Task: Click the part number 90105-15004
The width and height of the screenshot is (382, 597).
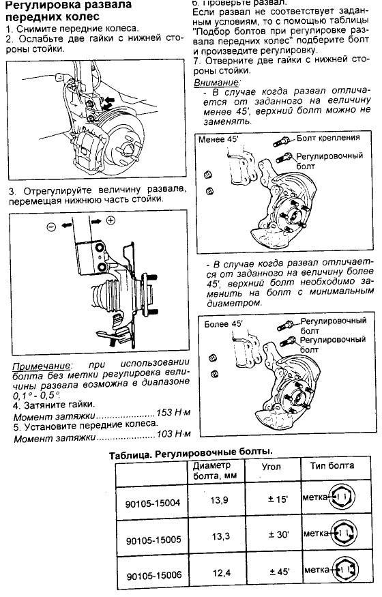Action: tap(153, 503)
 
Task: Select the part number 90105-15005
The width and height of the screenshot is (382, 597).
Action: tap(153, 540)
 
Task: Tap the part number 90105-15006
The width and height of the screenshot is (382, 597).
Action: tap(153, 575)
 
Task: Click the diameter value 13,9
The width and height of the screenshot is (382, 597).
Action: tap(220, 500)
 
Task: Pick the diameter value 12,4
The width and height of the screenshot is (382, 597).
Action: tap(222, 572)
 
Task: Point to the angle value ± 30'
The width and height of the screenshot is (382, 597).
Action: tap(278, 534)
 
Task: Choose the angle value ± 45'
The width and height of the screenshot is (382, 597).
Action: tap(280, 572)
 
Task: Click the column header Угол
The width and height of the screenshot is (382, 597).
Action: tap(271, 467)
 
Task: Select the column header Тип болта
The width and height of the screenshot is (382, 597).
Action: tap(332, 465)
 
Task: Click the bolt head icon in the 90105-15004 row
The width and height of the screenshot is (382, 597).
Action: tap(342, 497)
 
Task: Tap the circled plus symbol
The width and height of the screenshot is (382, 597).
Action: tap(111, 220)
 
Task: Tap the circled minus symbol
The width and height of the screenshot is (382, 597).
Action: tap(51, 227)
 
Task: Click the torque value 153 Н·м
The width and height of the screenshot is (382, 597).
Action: tap(173, 412)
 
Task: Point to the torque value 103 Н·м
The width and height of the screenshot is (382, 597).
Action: tap(173, 433)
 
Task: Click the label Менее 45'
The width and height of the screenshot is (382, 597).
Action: tap(218, 139)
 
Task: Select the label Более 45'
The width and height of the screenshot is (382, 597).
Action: tap(223, 324)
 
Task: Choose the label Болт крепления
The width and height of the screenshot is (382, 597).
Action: tap(328, 137)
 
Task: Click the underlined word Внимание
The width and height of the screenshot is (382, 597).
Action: tap(217, 83)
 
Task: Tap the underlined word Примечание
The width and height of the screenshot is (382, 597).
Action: tap(42, 366)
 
